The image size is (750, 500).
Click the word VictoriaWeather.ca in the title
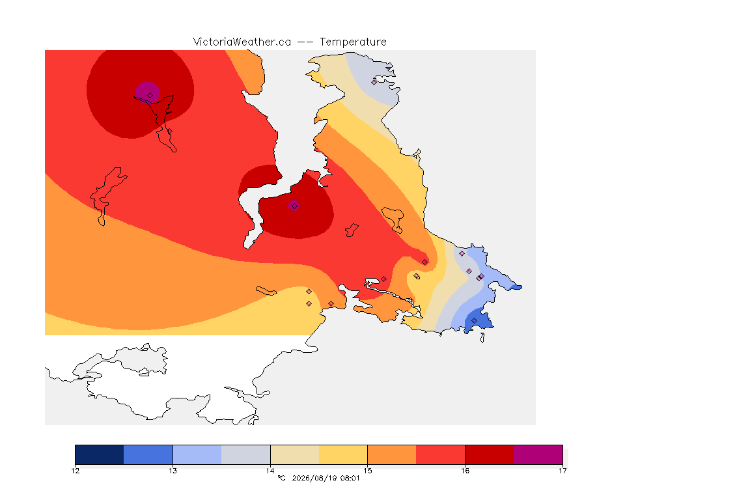coord(242,42)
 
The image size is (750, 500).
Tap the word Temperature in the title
coord(353,42)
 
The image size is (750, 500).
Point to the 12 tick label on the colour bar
coord(75,471)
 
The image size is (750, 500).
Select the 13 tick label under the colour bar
coord(173,471)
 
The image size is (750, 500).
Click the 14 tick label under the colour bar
coord(270,471)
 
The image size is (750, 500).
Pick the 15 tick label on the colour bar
coord(367,471)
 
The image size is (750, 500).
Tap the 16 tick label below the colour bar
coord(465,471)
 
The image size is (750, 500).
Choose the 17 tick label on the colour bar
coord(562,471)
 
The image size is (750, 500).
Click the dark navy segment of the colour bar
coord(100,454)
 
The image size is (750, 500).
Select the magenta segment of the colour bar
coord(538,454)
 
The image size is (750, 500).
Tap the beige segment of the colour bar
coord(295,454)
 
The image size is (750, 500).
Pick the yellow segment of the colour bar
coord(343,454)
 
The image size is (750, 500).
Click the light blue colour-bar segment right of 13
coord(197,454)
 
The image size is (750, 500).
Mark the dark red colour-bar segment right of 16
coord(490,454)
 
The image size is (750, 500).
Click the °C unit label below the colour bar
coord(281,478)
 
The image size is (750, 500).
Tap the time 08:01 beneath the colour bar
coord(350,478)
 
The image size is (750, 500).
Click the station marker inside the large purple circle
coord(150,96)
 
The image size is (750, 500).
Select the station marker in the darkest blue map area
coord(474,320)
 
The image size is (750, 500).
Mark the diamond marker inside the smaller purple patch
coord(295,206)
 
